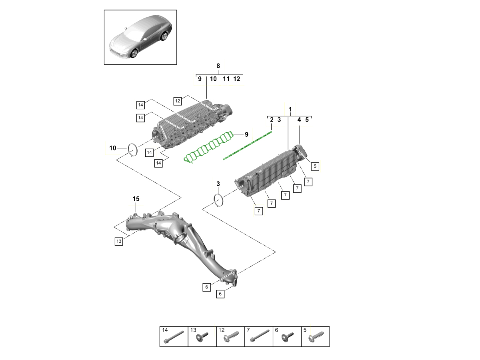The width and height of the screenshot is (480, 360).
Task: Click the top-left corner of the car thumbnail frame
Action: (x=104, y=10)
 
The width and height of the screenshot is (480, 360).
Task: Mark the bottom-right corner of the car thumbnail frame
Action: (x=177, y=64)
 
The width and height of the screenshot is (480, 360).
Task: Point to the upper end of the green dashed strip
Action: (x=271, y=132)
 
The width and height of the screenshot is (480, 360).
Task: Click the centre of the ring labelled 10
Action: (x=133, y=150)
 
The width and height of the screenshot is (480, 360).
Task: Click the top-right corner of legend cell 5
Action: (x=329, y=326)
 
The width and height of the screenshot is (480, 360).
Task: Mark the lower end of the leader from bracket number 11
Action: (x=227, y=104)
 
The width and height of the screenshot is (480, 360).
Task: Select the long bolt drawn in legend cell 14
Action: (x=174, y=337)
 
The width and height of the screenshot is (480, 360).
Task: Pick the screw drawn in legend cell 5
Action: (x=316, y=337)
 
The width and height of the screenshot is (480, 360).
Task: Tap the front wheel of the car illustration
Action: (x=134, y=53)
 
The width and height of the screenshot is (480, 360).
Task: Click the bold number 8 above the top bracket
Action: (x=218, y=66)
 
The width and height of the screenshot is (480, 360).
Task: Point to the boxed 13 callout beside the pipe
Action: (x=119, y=241)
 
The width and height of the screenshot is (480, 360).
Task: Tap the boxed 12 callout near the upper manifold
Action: (x=178, y=101)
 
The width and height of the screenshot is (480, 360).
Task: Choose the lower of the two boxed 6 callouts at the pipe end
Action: (x=220, y=294)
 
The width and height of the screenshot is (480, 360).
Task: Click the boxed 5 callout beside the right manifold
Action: (x=315, y=166)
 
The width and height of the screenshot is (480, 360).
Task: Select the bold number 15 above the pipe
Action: (x=136, y=199)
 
